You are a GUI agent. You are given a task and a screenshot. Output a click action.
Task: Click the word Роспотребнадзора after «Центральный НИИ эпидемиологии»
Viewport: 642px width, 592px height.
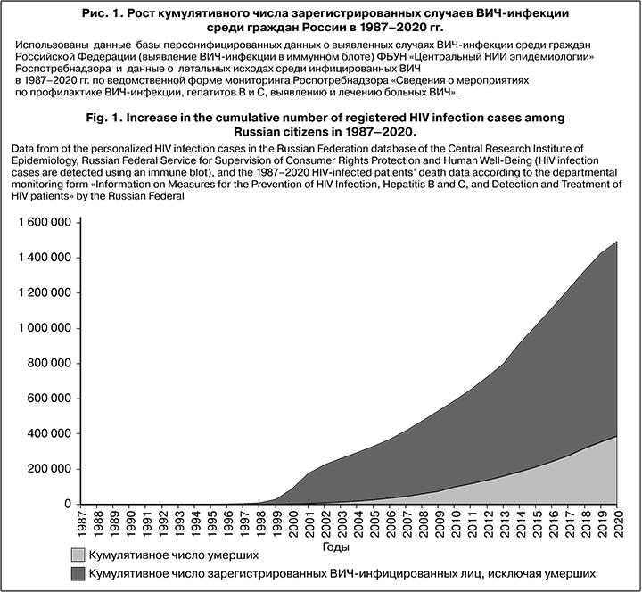[57, 67]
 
